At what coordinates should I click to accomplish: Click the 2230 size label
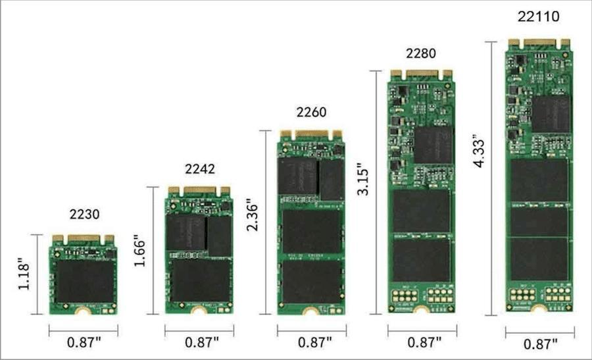click(84, 214)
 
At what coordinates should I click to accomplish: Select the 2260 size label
click(311, 112)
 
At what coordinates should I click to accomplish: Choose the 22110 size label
click(537, 16)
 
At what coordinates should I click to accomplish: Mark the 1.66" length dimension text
click(139, 251)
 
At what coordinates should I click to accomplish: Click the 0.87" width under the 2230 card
click(84, 343)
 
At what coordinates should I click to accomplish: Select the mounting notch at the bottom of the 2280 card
click(422, 310)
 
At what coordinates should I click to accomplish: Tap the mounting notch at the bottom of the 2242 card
click(199, 310)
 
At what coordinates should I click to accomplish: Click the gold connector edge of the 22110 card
click(538, 43)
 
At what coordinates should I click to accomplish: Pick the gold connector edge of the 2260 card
click(311, 134)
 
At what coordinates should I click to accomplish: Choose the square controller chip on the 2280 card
click(433, 145)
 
